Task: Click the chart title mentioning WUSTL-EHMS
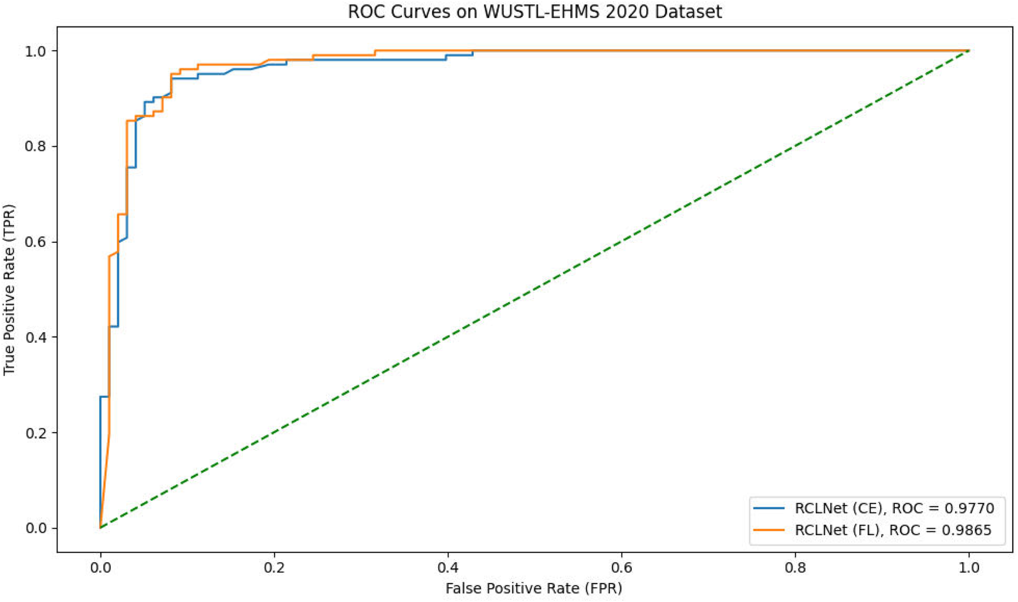(x=535, y=11)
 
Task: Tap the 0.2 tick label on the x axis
(x=274, y=568)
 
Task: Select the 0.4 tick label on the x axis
(x=448, y=568)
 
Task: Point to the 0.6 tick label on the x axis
(x=621, y=568)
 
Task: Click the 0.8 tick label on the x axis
(x=795, y=568)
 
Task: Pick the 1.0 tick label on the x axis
(x=969, y=568)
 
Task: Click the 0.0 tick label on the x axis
(x=100, y=568)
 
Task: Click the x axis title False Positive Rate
(x=534, y=588)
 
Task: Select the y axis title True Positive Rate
(x=9, y=289)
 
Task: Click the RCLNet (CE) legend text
(x=838, y=508)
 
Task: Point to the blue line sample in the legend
(x=769, y=508)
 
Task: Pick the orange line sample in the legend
(x=769, y=530)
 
